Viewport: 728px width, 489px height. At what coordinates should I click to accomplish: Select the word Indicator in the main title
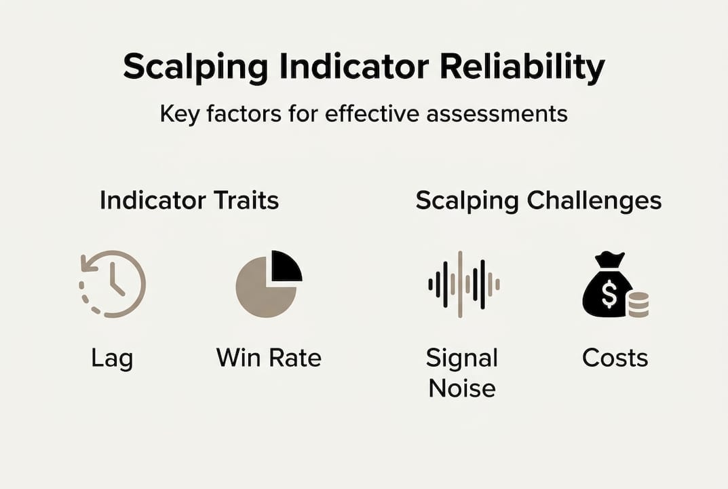[353, 66]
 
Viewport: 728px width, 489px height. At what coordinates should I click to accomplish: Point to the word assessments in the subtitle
[497, 113]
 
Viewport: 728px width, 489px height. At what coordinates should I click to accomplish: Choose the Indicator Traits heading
[189, 200]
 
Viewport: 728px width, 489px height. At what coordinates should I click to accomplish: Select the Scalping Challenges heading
[539, 201]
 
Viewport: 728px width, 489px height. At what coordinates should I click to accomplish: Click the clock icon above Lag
[113, 284]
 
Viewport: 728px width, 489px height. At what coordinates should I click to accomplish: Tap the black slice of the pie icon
[286, 266]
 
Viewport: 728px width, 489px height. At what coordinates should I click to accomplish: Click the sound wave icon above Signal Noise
[464, 284]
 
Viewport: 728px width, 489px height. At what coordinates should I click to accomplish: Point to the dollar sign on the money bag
[609, 295]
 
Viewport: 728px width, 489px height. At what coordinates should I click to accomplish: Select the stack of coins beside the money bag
[638, 304]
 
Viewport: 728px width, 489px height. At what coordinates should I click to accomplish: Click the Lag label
[112, 359]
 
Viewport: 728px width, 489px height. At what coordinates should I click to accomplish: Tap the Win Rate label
[269, 358]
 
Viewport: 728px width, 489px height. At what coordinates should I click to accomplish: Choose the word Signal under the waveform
[462, 359]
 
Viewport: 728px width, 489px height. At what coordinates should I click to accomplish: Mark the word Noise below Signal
[462, 388]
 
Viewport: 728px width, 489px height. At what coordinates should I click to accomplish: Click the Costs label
[615, 358]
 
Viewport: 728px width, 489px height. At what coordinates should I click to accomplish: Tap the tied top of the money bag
[610, 259]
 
